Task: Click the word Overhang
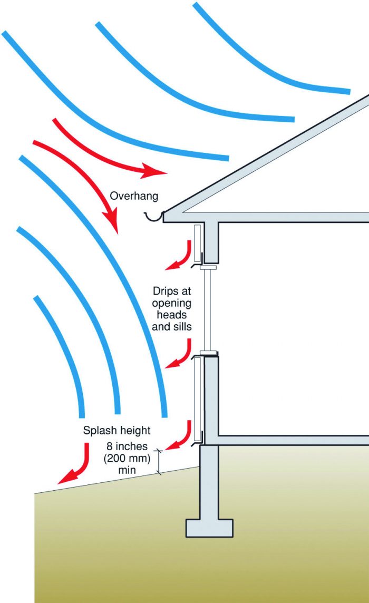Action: click(x=134, y=196)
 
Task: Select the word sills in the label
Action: click(x=181, y=326)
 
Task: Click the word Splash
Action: click(x=99, y=430)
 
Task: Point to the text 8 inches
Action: click(x=127, y=446)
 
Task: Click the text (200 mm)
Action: click(x=127, y=458)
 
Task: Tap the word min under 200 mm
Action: click(x=127, y=470)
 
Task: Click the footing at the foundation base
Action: click(x=209, y=528)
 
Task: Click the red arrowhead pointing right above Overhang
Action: click(x=154, y=170)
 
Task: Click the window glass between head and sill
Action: click(x=208, y=309)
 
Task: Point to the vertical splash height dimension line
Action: click(x=158, y=462)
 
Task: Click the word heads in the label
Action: click(x=172, y=315)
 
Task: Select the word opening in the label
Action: click(x=172, y=304)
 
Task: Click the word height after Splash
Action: click(x=133, y=430)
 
